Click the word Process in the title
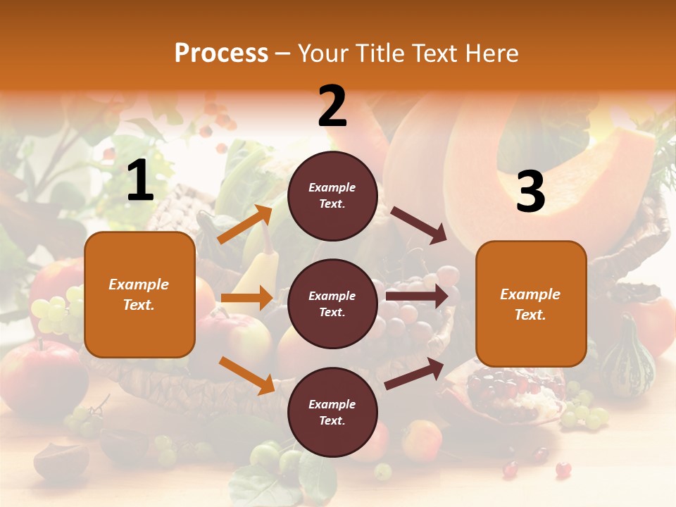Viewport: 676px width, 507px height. (221, 53)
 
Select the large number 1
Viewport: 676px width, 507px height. (140, 182)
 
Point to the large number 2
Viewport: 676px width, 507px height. (332, 107)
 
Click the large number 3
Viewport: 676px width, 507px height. (530, 192)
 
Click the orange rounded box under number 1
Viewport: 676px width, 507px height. (139, 294)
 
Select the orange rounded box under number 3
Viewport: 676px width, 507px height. (531, 303)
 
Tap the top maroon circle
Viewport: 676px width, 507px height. (332, 196)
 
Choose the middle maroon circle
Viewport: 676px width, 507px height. (332, 303)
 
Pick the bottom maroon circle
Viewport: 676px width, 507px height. (332, 412)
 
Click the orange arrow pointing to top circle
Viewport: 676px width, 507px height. (245, 225)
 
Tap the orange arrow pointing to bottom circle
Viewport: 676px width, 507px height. (247, 375)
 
